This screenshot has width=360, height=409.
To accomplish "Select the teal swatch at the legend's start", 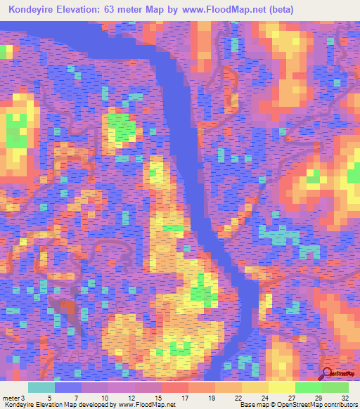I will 41,387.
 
